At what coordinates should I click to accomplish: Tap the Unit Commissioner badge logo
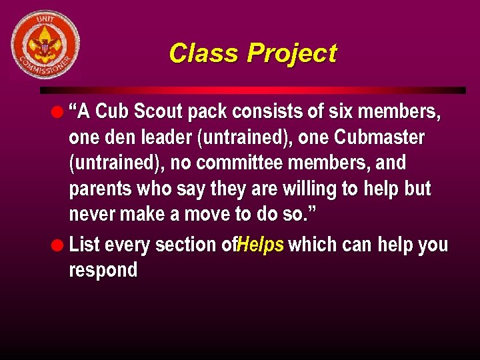45,45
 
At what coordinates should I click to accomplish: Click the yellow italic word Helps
261,245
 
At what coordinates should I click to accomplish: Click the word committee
241,163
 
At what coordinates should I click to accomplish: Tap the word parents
100,189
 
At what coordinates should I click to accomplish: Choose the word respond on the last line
103,270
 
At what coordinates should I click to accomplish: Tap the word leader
165,138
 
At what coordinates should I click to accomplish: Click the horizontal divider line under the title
253,90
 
